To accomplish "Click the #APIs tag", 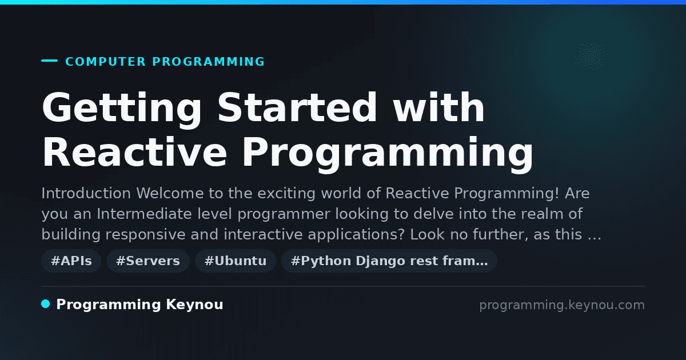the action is [x=71, y=261].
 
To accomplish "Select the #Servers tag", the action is [x=148, y=261].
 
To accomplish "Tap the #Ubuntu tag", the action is [x=236, y=261].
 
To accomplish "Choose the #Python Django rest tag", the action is [x=389, y=261].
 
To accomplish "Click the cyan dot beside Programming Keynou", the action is [x=46, y=304].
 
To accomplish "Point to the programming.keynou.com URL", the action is [x=562, y=305].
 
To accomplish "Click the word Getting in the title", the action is [x=122, y=109].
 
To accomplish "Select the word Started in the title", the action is [x=297, y=108].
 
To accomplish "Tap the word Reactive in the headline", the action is [x=135, y=153].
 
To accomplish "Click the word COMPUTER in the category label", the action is [x=106, y=62].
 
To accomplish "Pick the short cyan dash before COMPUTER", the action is [x=49, y=61].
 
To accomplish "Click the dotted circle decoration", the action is [x=591, y=56].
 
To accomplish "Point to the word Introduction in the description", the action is [x=86, y=194].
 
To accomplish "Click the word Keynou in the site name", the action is [x=194, y=305].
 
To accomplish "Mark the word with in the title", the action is [x=439, y=108].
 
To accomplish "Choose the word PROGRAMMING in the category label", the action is [x=209, y=62].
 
